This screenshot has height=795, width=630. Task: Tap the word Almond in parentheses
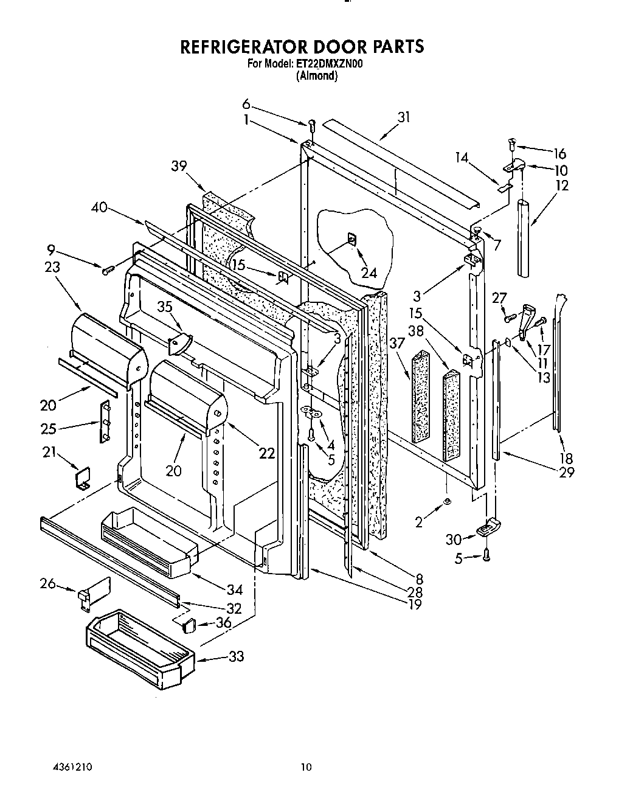point(316,75)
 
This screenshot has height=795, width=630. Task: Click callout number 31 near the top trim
point(404,117)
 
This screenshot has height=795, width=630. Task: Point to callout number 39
point(179,166)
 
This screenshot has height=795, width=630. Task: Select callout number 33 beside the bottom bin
point(236,656)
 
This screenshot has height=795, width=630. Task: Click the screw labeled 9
point(108,269)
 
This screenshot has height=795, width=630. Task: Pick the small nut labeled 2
point(447,500)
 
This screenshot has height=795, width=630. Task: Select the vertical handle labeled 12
point(525,237)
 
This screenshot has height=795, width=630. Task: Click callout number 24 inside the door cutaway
point(369,274)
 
